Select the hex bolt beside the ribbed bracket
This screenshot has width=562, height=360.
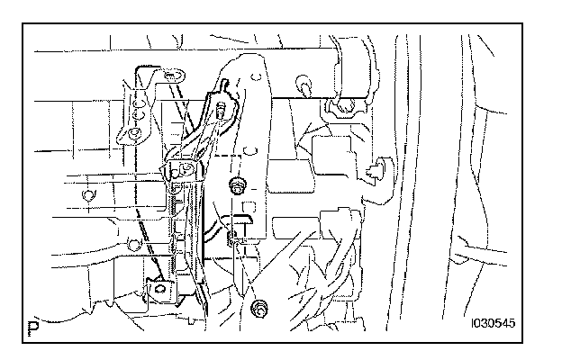pyautogui.click(x=238, y=187)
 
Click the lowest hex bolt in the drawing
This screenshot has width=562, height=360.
pyautogui.click(x=260, y=310)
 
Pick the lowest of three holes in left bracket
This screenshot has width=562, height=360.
pyautogui.click(x=133, y=135)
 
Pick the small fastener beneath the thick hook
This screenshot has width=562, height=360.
pyautogui.click(x=233, y=238)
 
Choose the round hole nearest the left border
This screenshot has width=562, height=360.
pyautogui.click(x=86, y=193)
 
